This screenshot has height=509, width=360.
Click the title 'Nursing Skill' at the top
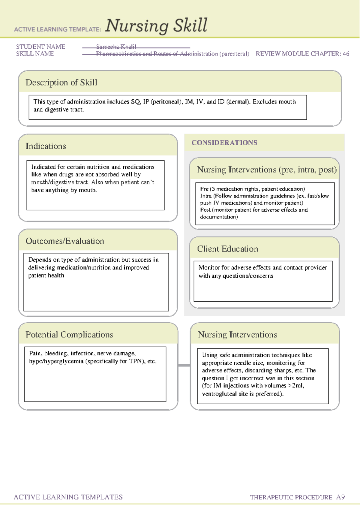pyautogui.click(x=156, y=26)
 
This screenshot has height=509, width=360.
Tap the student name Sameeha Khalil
pyautogui.click(x=116, y=47)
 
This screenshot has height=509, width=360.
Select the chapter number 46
pyautogui.click(x=346, y=54)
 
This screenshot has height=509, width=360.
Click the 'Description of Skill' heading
pyautogui.click(x=61, y=83)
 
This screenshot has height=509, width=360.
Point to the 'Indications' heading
pyautogui.click(x=46, y=146)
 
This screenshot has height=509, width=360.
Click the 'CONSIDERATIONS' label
pyautogui.click(x=224, y=143)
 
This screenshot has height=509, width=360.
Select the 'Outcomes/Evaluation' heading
pyautogui.click(x=65, y=241)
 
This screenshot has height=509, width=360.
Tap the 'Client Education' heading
pyautogui.click(x=227, y=249)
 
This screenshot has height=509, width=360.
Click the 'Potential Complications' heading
pyautogui.click(x=69, y=335)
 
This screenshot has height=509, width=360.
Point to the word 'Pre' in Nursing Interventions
pyautogui.click(x=204, y=189)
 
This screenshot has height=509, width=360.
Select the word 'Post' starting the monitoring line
pyautogui.click(x=205, y=210)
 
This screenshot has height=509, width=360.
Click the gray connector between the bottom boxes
pyautogui.click(x=184, y=365)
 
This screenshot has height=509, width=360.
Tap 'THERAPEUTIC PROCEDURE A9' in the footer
pyautogui.click(x=297, y=497)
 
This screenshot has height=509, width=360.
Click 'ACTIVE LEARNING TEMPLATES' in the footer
pyautogui.click(x=68, y=497)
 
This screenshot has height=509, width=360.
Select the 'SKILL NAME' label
pyautogui.click(x=35, y=54)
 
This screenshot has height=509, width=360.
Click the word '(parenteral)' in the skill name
pyautogui.click(x=234, y=54)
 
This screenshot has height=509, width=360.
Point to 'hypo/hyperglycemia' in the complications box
pyautogui.click(x=56, y=361)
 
